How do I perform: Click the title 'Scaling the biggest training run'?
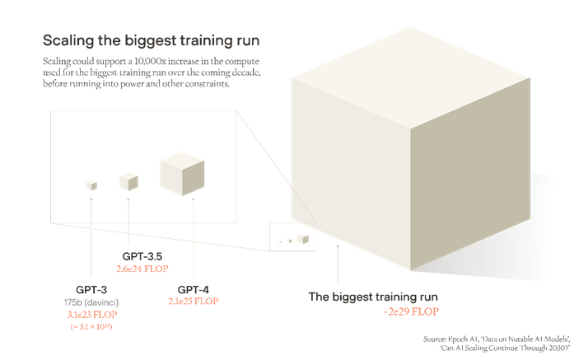[151, 40]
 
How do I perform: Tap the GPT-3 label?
[91, 290]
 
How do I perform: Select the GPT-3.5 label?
[142, 256]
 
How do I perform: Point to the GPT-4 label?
[193, 290]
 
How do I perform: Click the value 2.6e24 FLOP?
[142, 269]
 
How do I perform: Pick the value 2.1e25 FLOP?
[194, 302]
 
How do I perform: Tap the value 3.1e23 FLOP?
[92, 315]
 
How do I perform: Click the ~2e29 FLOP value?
[411, 311]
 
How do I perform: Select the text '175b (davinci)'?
[91, 302]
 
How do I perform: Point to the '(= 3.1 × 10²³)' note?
[91, 326]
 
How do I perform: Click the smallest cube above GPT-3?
[91, 185]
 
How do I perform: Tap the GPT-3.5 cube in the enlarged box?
[128, 181]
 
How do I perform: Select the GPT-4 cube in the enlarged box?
[182, 174]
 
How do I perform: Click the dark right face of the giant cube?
[470, 174]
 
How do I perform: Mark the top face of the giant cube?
[411, 77]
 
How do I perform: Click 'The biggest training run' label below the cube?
[373, 297]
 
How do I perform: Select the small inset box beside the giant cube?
[293, 237]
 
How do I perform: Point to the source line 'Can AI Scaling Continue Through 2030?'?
[505, 348]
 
